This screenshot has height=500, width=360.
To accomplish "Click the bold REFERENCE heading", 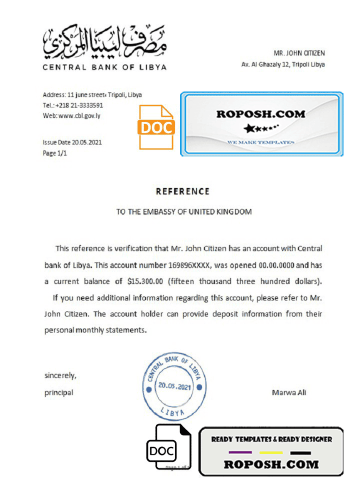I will tap(182, 191).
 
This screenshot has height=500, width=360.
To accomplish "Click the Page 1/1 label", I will tap(55, 153).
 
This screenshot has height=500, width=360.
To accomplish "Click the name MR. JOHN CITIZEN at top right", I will tap(299, 53).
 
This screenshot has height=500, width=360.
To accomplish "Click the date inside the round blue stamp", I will tap(174, 386).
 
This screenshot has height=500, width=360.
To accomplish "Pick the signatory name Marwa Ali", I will tap(289, 392).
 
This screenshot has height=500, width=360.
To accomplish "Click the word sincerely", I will tap(60, 375).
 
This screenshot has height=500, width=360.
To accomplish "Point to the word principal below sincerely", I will tap(58, 392).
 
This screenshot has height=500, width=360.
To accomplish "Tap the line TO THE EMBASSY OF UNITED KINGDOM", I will tap(184, 211).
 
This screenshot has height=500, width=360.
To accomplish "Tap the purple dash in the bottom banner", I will tap(240, 453).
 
